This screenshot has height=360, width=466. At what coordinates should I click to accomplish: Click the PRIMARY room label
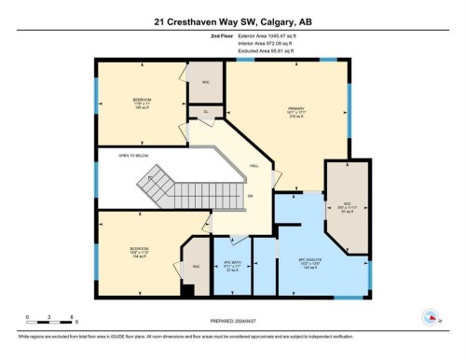pyautogui.click(x=295, y=111)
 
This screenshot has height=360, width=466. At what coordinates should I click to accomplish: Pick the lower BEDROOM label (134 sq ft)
pyautogui.click(x=140, y=251)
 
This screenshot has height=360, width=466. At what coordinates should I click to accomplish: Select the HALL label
pyautogui.click(x=254, y=166)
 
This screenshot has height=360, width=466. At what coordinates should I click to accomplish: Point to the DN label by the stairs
pyautogui.click(x=251, y=196)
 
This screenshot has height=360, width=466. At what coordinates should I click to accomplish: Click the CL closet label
pyautogui.click(x=205, y=113)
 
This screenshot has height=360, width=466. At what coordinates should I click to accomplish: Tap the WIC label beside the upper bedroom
pyautogui.click(x=205, y=81)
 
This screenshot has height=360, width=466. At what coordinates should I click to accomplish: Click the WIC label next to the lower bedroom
pyautogui.click(x=197, y=266)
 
